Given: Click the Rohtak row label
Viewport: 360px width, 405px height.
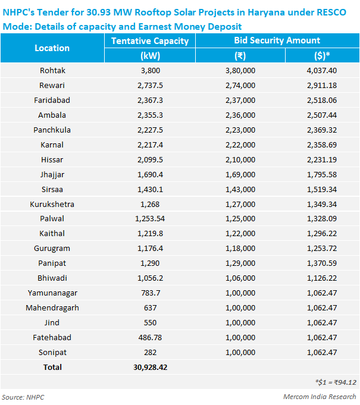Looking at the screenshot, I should click(x=52, y=70).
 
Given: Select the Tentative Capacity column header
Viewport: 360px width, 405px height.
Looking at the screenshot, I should click(x=150, y=40).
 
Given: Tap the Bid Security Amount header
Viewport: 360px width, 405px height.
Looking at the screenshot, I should click(x=277, y=40).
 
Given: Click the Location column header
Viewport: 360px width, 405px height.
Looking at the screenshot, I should click(x=52, y=48).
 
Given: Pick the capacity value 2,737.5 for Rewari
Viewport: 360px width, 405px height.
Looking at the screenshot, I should click(x=150, y=85).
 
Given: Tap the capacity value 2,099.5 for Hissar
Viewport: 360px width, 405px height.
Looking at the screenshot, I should click(x=150, y=159).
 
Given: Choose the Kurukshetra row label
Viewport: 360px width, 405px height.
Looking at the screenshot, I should click(x=52, y=204).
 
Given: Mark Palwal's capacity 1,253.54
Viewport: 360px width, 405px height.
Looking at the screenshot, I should click(x=150, y=219).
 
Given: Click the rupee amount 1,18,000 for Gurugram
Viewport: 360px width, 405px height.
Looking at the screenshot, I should click(x=240, y=248).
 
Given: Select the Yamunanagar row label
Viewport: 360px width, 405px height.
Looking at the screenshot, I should click(x=52, y=293).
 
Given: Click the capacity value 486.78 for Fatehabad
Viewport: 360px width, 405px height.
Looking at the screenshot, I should click(x=150, y=337).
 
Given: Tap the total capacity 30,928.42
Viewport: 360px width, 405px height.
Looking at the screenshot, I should click(x=150, y=367).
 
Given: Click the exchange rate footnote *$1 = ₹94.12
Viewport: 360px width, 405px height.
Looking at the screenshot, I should click(x=336, y=382).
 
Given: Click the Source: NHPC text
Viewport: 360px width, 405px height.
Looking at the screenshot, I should click(x=23, y=397).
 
